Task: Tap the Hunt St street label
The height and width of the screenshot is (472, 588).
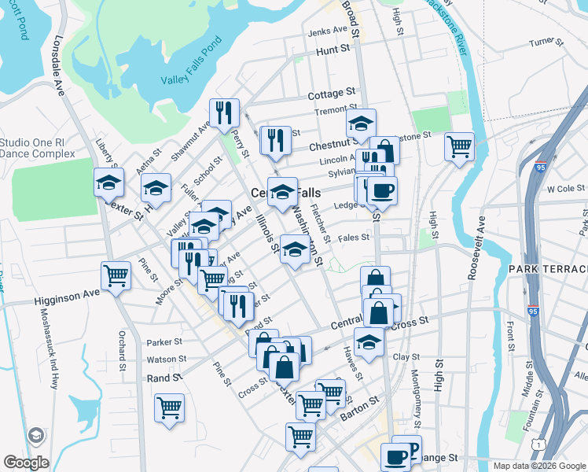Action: click(333, 50)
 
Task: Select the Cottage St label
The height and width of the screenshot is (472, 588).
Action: click(332, 94)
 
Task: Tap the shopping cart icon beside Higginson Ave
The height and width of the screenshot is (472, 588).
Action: click(116, 276)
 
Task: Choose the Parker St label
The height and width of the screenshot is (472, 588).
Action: click(164, 342)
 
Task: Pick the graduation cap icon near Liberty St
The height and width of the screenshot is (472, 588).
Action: click(108, 183)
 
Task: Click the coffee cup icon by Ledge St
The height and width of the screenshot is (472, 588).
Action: click(382, 190)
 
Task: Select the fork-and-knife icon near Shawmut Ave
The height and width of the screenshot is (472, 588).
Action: click(225, 113)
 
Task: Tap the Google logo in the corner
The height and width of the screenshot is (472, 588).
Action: click(26, 462)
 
